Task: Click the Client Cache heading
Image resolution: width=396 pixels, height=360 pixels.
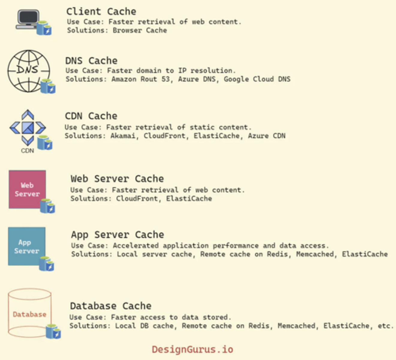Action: coord(101,12)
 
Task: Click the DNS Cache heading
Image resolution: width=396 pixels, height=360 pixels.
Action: coord(91,61)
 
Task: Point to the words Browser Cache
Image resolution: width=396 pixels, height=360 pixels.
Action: coord(140,30)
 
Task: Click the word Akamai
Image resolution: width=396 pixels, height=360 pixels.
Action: coord(123,136)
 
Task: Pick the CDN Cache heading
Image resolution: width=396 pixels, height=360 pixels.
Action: coord(91,116)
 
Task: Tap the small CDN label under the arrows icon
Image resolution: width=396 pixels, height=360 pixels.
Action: coord(27,151)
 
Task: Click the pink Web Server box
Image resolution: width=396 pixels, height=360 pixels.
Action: coord(27,189)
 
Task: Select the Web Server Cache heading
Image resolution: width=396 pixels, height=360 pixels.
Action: coord(117,179)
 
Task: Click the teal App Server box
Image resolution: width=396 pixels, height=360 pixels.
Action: coord(26,246)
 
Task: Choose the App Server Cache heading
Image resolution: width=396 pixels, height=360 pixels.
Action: coord(117,235)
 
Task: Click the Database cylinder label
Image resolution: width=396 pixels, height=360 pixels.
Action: coord(29,314)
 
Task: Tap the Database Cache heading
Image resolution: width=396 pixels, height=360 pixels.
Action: coord(110,306)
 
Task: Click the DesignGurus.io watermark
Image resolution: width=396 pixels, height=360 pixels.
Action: coord(192,349)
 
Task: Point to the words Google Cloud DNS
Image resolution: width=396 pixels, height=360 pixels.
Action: coord(257,79)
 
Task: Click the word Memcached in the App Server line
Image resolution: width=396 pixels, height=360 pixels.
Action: coord(315,254)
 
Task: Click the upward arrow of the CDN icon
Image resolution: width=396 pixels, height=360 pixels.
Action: coord(28,115)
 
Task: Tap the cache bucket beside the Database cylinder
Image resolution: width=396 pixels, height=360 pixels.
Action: coord(53,331)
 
